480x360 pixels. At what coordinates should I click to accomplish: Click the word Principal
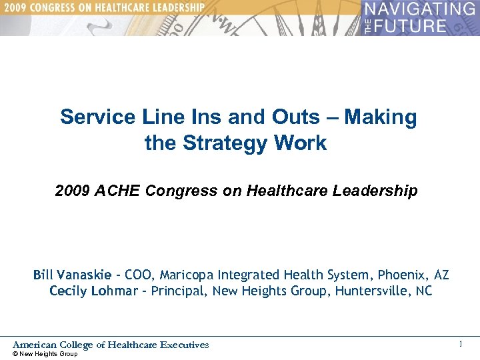pos(178,291)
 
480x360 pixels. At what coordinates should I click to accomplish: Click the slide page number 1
pos(460,344)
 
